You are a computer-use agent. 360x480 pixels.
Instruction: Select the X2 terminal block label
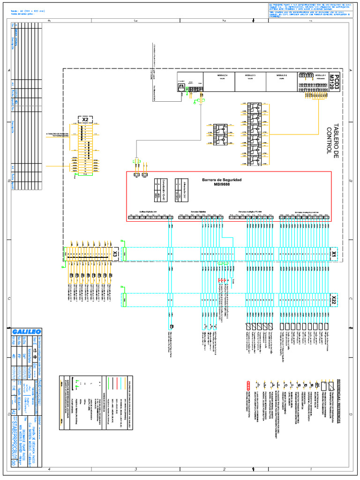pos(85,120)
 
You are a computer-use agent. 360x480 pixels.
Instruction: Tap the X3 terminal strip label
pos(115,254)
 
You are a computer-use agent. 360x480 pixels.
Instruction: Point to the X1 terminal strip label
pos(334,254)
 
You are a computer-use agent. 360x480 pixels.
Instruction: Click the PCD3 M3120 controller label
pos(333,82)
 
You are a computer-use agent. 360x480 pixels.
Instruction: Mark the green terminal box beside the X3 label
pos(124,254)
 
